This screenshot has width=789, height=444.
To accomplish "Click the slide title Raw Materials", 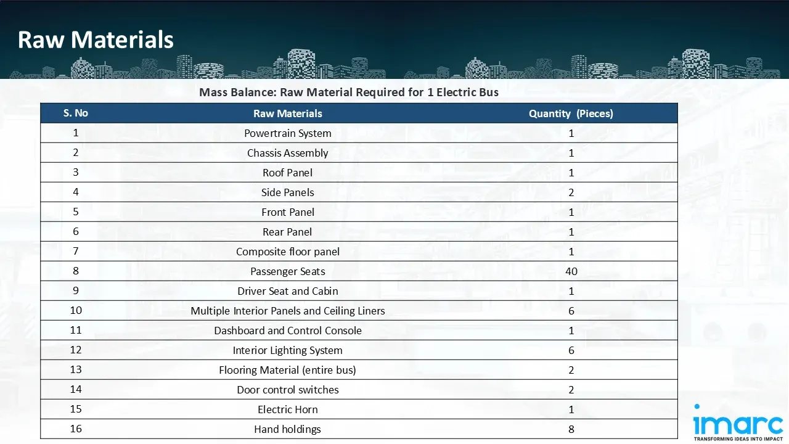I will coord(96,40).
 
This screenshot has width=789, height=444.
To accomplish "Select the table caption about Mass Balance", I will coord(348,92).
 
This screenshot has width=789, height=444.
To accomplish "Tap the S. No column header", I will coord(76,113).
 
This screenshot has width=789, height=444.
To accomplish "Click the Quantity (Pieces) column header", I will coord(571,113).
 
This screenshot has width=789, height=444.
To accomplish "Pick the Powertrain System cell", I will coord(288,133).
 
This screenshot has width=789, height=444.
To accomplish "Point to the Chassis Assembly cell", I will coord(288,153).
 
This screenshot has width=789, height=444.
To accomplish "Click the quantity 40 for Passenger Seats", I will coord(571,271).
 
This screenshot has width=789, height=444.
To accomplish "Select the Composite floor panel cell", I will coord(288,252).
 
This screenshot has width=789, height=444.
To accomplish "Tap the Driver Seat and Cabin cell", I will coord(288,291).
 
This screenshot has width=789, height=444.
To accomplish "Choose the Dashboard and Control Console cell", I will coord(288,331).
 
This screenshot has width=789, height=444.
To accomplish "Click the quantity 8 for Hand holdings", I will coord(571,429).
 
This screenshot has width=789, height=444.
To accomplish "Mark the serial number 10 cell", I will coord(76,310).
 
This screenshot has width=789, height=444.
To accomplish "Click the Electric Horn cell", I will coord(288,409).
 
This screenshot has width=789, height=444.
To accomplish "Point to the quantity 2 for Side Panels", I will coord(571,192).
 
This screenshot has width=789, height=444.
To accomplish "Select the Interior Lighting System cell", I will coord(288,350).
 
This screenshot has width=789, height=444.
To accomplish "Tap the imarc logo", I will coord(737,422).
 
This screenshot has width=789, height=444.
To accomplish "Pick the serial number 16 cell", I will coord(76,429).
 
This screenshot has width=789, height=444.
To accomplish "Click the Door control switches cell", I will coord(288,390).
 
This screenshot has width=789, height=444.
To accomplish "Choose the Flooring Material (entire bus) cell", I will coord(288,370).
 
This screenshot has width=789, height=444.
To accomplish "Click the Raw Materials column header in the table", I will coord(288,113).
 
